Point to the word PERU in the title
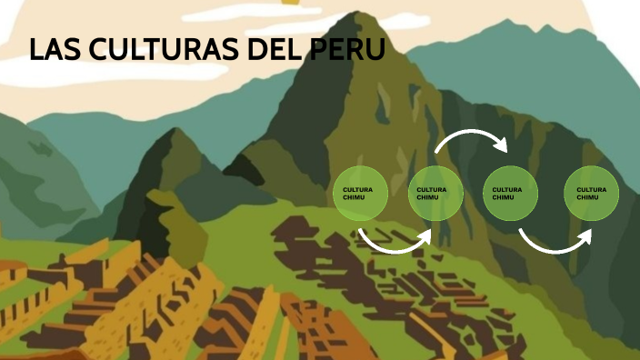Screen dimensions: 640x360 [347, 51]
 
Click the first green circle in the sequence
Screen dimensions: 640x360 [361, 194]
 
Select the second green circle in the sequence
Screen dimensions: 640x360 [435, 194]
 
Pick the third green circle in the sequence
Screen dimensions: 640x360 [510, 194]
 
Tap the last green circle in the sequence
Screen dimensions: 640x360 [592, 194]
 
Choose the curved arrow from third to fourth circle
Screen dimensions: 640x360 [553, 243]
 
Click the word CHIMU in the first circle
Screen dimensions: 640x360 [352, 197]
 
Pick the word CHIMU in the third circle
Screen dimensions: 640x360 [502, 197]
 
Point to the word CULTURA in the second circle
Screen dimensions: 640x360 [430, 190]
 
